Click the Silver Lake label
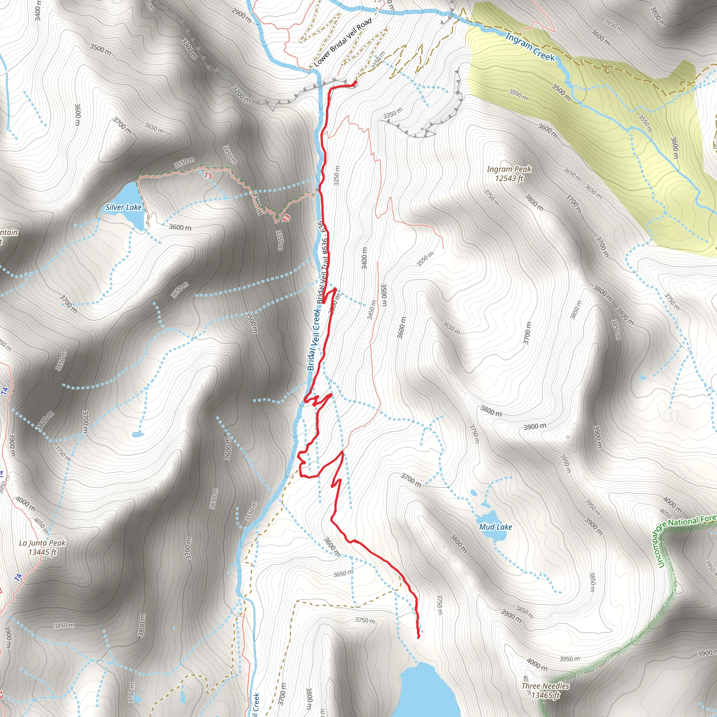[123, 207]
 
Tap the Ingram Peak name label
[509, 169]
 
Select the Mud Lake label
[495, 527]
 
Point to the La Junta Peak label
[42, 543]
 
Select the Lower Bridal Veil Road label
[342, 43]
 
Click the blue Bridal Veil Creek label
[314, 338]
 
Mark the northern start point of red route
[355, 82]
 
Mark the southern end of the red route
[418, 637]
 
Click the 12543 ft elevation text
[509, 179]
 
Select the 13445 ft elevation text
[42, 552]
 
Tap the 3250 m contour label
[336, 175]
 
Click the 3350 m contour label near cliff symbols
[393, 112]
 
